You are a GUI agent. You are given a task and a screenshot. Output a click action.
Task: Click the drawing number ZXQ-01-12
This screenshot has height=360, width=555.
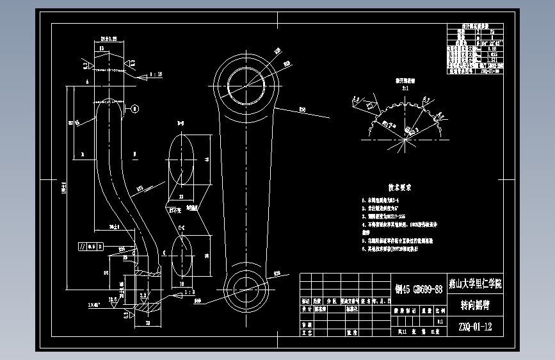click(475, 327)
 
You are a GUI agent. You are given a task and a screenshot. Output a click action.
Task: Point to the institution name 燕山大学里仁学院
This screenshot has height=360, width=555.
click(475, 283)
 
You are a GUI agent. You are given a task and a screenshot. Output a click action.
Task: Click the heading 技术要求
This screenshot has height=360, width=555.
click(399, 188)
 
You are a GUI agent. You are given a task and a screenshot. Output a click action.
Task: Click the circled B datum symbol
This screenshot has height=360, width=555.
click(134, 110)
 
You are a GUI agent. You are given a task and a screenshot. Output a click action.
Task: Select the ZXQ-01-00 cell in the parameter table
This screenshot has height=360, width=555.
click(490, 71)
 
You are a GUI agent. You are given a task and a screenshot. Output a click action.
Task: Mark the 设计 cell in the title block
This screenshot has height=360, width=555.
click(308, 308)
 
